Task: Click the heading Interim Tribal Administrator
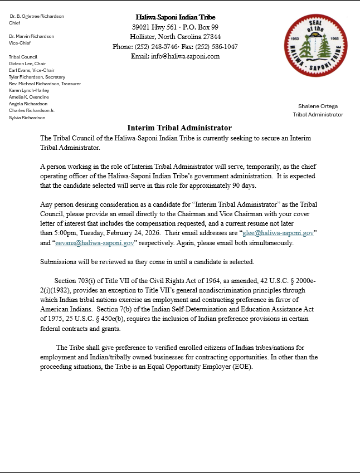coord(179,128)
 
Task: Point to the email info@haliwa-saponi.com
coord(175,56)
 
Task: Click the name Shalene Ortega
coord(318,106)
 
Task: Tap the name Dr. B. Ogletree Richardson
coord(36,16)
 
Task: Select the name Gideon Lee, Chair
coord(27,64)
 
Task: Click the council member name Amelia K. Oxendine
coord(28,97)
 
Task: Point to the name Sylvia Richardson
coord(27,118)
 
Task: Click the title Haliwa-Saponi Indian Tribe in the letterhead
coord(176,17)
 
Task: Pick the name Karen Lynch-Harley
coord(29,90)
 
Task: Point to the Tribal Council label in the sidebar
coord(24,57)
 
